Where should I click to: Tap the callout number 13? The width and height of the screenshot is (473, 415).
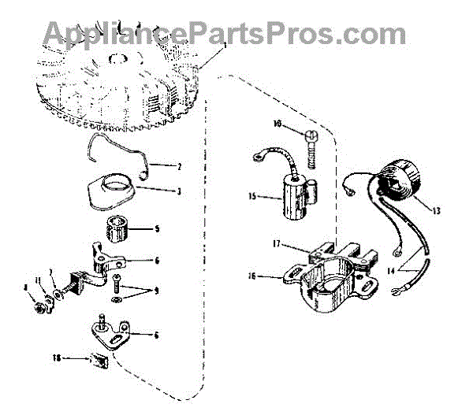[x=437, y=210]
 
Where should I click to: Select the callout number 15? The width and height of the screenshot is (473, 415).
[x=251, y=195]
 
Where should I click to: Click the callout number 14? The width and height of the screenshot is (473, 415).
[x=413, y=269]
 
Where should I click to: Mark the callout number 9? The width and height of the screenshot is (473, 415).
[x=156, y=291]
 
